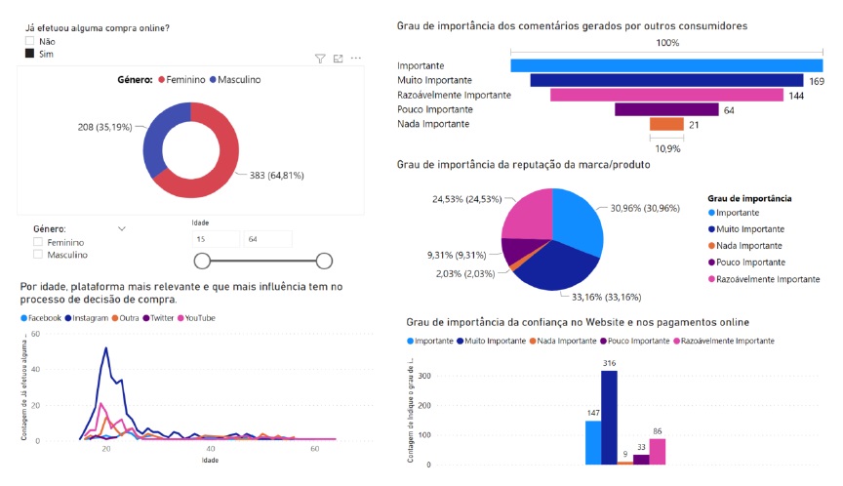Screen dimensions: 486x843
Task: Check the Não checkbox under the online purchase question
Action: click(x=30, y=41)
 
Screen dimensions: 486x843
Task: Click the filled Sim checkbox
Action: click(x=30, y=54)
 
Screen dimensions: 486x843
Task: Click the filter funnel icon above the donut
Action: click(x=320, y=59)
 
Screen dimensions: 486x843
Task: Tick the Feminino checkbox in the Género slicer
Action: click(x=38, y=242)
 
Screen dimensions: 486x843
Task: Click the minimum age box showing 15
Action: click(x=216, y=238)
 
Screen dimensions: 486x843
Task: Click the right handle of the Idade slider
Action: click(x=325, y=260)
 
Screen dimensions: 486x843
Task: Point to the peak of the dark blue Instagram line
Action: click(x=105, y=348)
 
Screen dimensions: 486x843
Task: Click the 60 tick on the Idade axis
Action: click(x=314, y=449)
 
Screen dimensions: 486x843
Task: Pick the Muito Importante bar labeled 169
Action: click(x=665, y=80)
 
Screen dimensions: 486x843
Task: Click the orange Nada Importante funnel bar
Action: click(x=666, y=124)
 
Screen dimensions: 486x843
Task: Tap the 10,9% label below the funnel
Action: click(x=667, y=148)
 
